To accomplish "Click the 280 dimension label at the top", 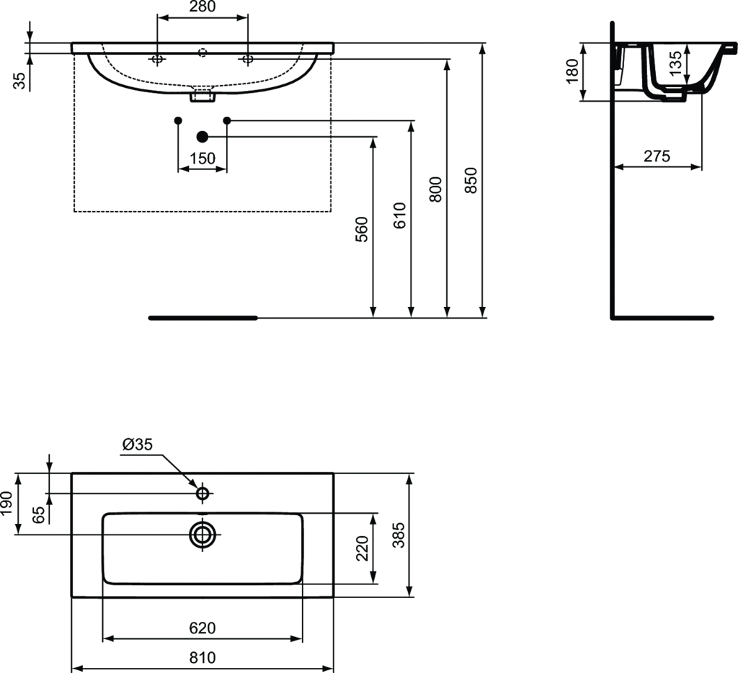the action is click(203, 6).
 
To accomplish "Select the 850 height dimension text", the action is click(471, 180).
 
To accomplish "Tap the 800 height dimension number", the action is click(436, 190).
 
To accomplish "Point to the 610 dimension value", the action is click(399, 215).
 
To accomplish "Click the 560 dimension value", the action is click(362, 229).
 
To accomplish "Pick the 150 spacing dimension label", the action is click(203, 159).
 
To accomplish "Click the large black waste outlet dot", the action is click(203, 137).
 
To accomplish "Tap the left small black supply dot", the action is click(178, 120).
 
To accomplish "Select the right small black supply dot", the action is click(227, 120).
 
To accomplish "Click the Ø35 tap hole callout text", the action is click(138, 445).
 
